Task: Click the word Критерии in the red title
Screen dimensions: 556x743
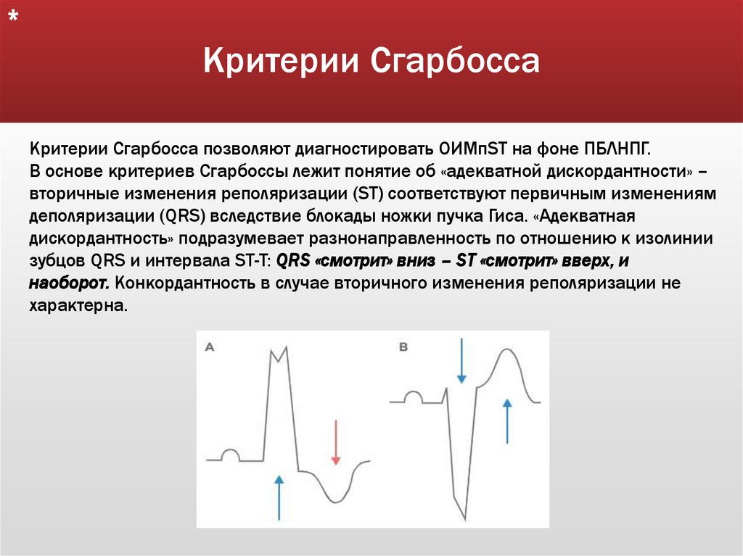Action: click(281, 62)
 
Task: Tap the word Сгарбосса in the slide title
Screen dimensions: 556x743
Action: click(456, 62)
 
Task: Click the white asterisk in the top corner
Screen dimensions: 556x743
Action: click(14, 20)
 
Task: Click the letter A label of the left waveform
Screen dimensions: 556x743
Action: click(210, 348)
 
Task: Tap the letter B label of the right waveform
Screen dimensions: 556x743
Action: click(403, 348)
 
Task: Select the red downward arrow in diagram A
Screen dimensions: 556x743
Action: click(335, 441)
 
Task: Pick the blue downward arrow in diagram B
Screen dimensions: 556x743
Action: click(461, 361)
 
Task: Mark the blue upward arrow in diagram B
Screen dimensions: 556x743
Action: click(507, 420)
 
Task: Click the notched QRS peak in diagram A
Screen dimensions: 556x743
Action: click(279, 354)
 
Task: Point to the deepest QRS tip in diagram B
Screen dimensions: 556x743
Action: click(462, 518)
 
